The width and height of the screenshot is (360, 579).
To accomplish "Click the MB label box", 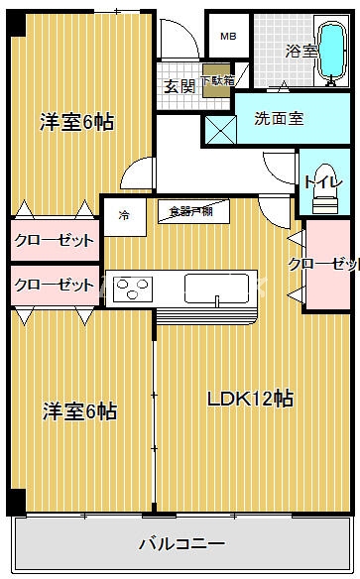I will click(228, 37).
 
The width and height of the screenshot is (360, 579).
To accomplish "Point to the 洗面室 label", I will click(279, 119).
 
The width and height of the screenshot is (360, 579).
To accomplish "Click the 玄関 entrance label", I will click(179, 84).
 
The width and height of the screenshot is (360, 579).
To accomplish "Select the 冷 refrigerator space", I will click(124, 214).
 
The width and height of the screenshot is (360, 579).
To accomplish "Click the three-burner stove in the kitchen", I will click(132, 290).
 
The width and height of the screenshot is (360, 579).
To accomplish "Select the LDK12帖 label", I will click(249, 399).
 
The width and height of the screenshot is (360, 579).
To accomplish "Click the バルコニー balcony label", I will click(181, 544).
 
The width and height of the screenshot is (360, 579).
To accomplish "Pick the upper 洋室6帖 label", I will click(76, 122).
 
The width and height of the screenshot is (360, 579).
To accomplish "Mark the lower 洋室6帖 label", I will click(78, 409).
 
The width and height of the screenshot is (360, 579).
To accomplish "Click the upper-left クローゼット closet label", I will click(55, 241).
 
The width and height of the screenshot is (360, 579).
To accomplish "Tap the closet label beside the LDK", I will click(323, 264).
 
